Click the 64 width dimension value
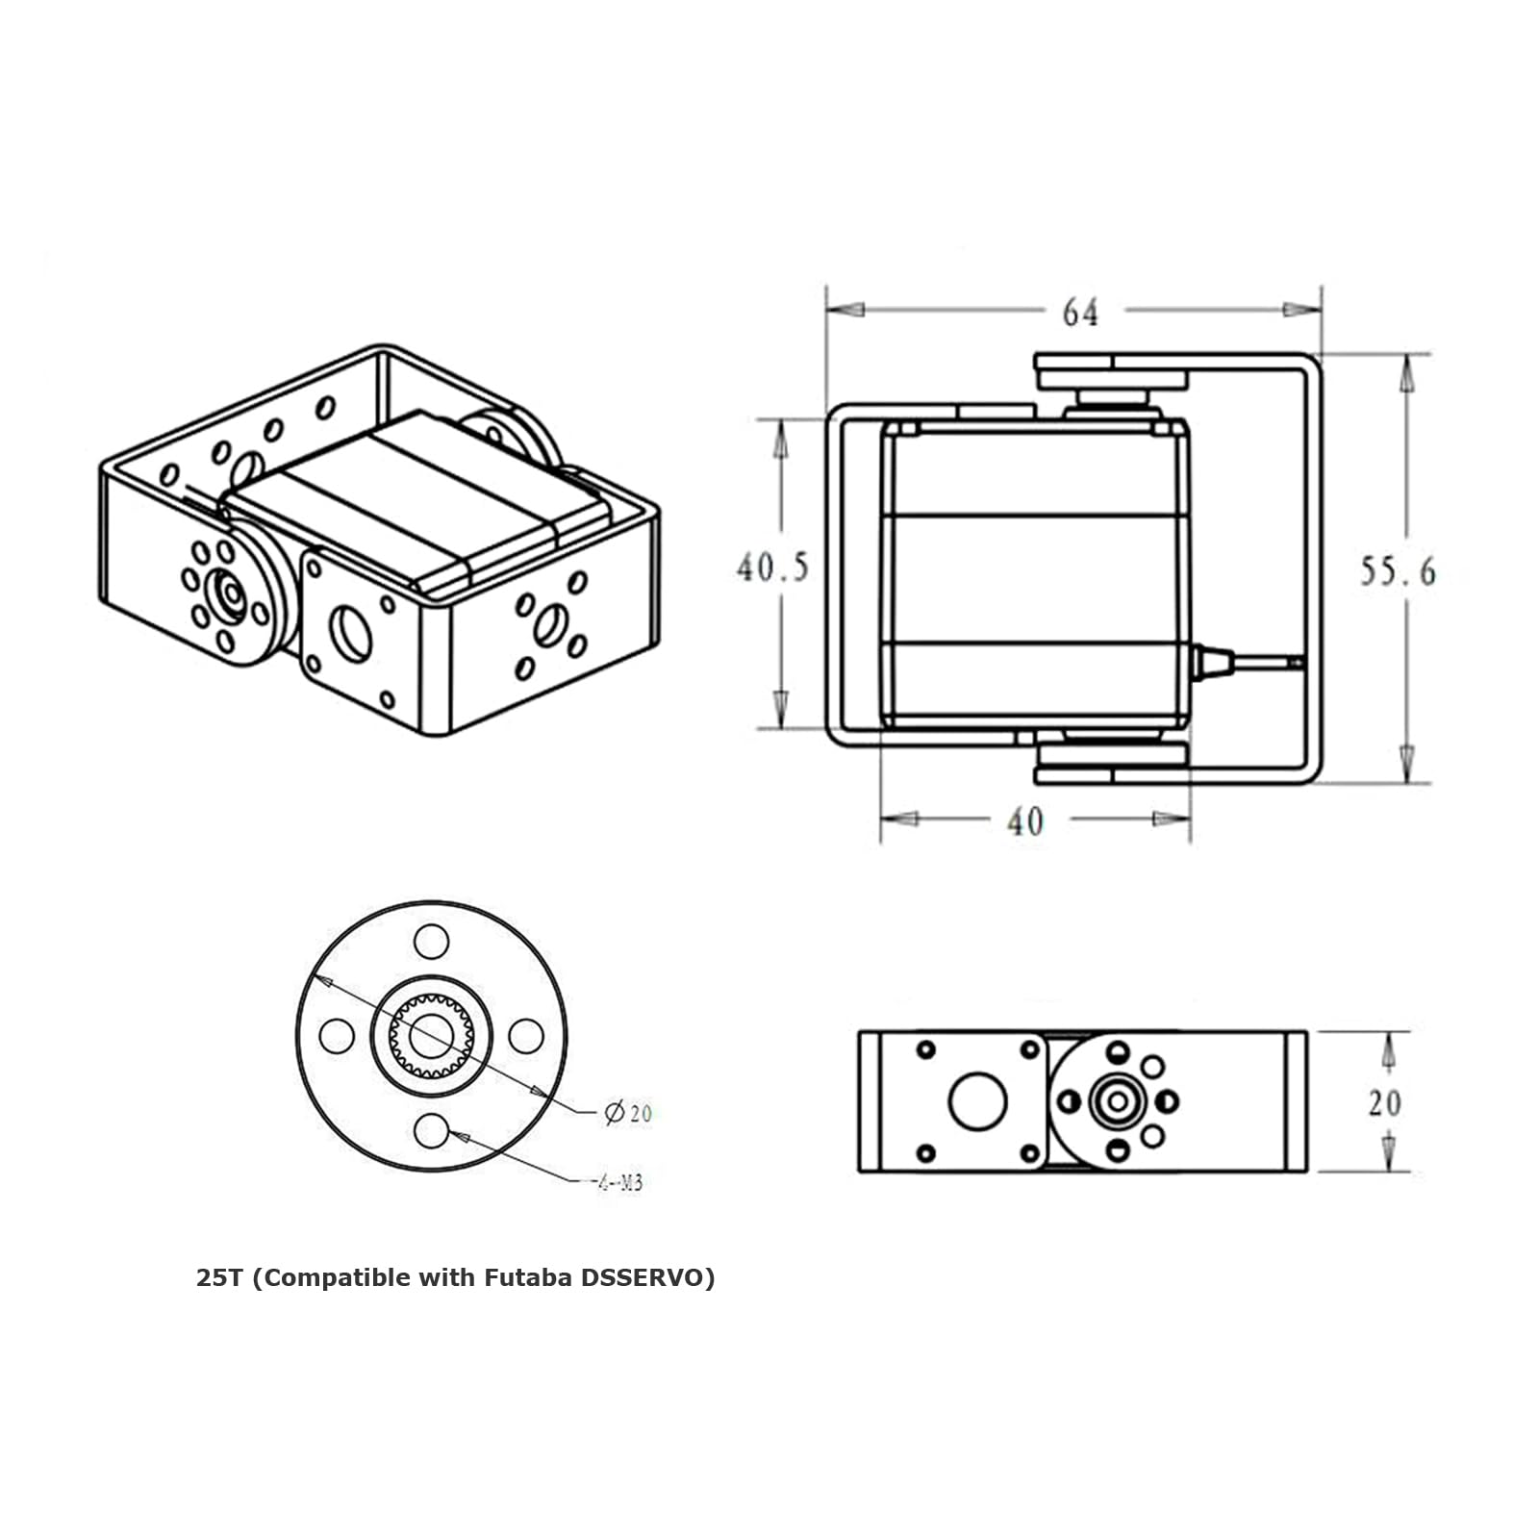1079,313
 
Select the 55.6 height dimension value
1397,571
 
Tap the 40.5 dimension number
772,568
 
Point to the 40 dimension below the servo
1024,821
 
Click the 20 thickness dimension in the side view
1384,1102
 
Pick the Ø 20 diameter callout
628,1113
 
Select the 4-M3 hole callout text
617,1183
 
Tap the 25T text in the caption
220,1278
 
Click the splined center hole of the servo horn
431,1036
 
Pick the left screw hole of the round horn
336,1036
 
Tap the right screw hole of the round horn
525,1036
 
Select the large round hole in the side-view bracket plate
977,1100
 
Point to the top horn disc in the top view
1112,370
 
